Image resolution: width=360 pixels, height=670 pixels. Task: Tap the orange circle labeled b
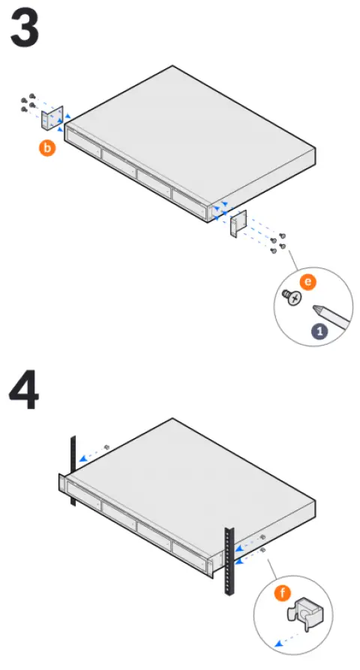click(x=47, y=148)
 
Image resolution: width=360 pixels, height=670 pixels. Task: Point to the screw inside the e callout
click(x=291, y=298)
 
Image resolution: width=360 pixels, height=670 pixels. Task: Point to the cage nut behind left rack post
click(x=107, y=447)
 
